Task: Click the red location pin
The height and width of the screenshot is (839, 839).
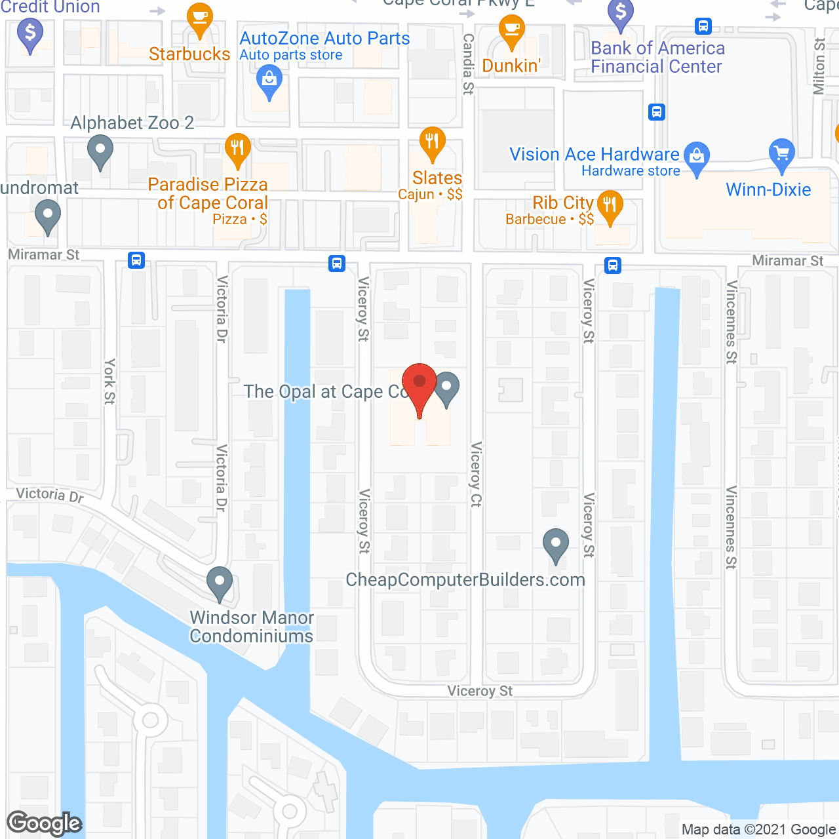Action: (419, 383)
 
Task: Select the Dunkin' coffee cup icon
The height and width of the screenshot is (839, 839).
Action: (511, 29)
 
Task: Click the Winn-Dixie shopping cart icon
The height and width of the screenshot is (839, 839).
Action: (781, 153)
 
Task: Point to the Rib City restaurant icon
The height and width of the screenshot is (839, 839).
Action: (610, 205)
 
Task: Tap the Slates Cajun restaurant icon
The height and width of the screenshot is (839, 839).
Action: (432, 141)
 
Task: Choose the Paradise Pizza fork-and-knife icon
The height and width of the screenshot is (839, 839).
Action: (237, 148)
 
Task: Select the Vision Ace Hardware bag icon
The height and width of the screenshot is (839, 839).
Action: (697, 156)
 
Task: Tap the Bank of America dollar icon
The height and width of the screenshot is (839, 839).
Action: (621, 13)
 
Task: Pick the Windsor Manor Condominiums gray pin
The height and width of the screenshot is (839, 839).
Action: (220, 581)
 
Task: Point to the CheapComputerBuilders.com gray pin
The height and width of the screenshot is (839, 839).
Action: (556, 543)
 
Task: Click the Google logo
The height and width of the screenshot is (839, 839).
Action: (45, 823)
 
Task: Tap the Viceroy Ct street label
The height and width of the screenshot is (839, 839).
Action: (477, 475)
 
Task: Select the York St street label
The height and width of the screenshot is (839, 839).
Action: (109, 381)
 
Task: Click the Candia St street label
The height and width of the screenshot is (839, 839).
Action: (468, 64)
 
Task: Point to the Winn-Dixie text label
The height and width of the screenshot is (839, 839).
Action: (768, 190)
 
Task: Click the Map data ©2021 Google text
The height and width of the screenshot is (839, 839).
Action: (759, 830)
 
